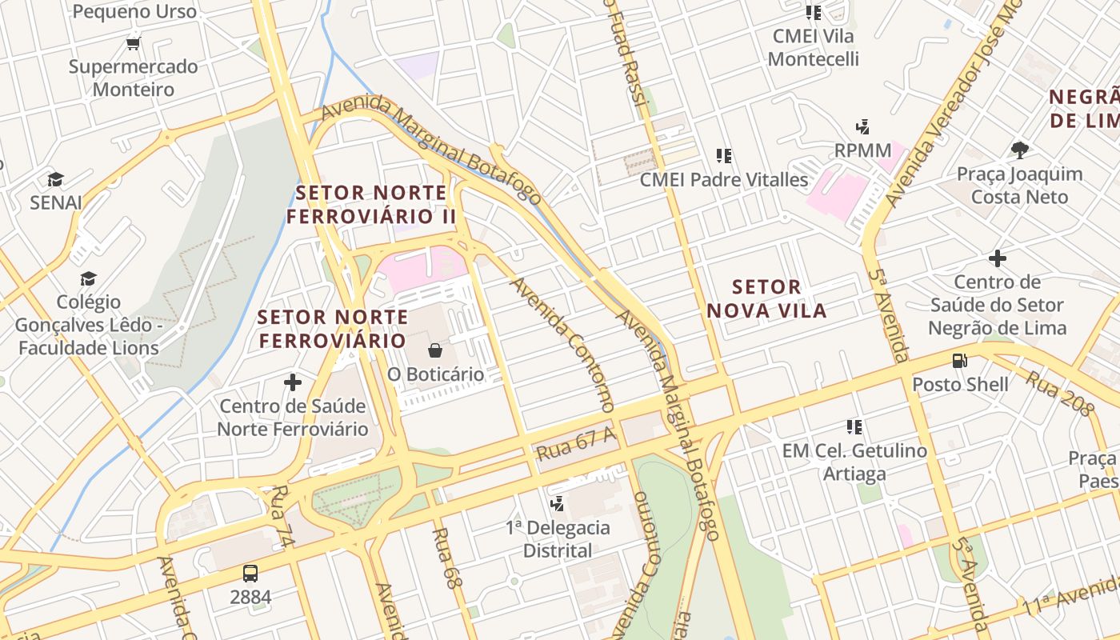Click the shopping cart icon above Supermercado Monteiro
click(133, 43)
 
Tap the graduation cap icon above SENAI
click(55, 179)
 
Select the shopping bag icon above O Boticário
click(435, 350)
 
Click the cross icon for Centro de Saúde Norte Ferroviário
click(293, 382)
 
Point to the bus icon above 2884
click(250, 573)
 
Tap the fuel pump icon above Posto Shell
click(960, 361)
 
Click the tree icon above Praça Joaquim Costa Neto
click(1019, 150)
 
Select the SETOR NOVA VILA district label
click(766, 298)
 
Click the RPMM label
click(862, 150)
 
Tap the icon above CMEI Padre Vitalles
click(724, 156)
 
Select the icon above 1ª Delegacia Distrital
click(558, 504)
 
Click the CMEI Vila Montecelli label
click(813, 47)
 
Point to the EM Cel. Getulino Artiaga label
click(854, 462)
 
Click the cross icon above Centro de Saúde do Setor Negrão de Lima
click(997, 258)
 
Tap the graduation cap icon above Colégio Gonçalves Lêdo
click(88, 278)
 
